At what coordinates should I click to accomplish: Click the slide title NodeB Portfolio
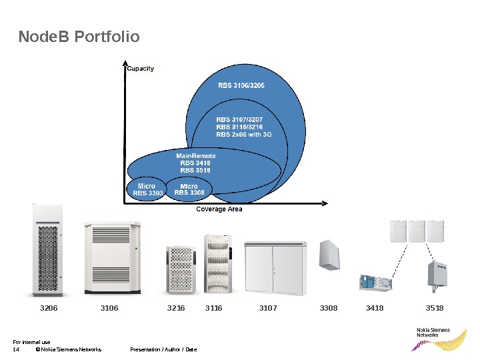click(x=79, y=37)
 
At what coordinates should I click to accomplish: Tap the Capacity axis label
click(x=141, y=69)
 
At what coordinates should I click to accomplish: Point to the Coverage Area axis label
click(x=219, y=209)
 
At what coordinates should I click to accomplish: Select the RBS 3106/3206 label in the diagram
click(x=241, y=85)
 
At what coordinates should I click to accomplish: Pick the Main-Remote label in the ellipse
click(x=196, y=156)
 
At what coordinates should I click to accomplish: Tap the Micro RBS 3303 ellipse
click(x=147, y=190)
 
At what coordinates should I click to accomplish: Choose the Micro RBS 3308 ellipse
click(x=189, y=190)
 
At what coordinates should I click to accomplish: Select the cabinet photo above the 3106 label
click(x=111, y=257)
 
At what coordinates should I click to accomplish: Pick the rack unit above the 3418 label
click(x=375, y=283)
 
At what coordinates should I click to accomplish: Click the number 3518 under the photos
click(x=435, y=308)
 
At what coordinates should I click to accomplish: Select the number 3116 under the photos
click(x=213, y=308)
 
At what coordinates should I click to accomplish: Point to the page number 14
click(x=16, y=349)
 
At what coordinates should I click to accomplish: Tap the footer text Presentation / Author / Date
click(x=163, y=349)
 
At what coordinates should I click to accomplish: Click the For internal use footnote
click(x=31, y=342)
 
